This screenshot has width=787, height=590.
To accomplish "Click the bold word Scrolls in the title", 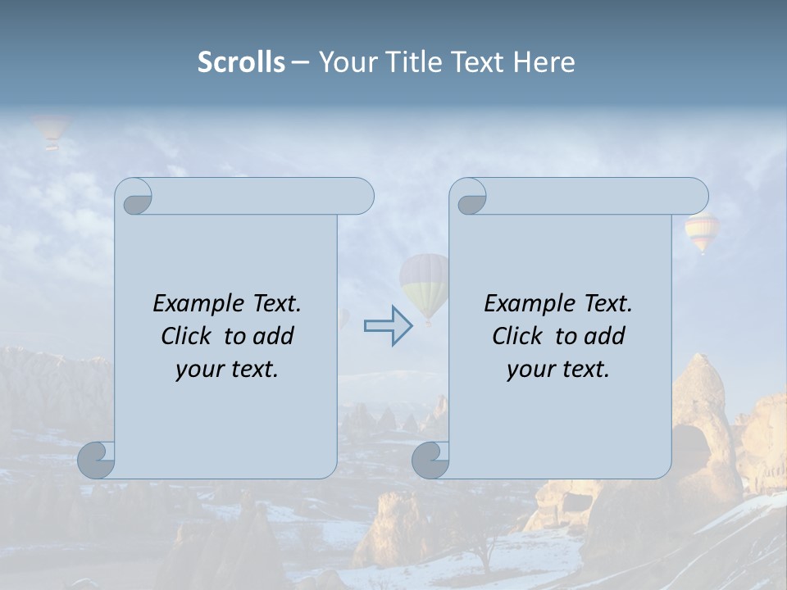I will point(241,62).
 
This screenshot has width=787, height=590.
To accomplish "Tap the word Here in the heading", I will point(544,62).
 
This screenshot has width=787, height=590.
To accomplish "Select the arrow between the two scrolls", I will point(388,325).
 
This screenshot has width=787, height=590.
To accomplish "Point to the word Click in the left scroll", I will point(188,336).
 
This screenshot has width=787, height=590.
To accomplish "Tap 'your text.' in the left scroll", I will point(227,370).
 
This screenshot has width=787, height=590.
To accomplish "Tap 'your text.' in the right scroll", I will point(558,370).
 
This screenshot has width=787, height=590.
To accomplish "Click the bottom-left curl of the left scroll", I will point(96,459).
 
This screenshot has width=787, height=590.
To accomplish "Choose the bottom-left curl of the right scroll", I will point(430,460).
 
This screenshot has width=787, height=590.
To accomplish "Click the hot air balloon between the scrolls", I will point(425,283).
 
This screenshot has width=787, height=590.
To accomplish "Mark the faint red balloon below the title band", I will point(51,129).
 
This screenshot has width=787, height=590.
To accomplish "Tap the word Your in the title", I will point(344,62).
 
